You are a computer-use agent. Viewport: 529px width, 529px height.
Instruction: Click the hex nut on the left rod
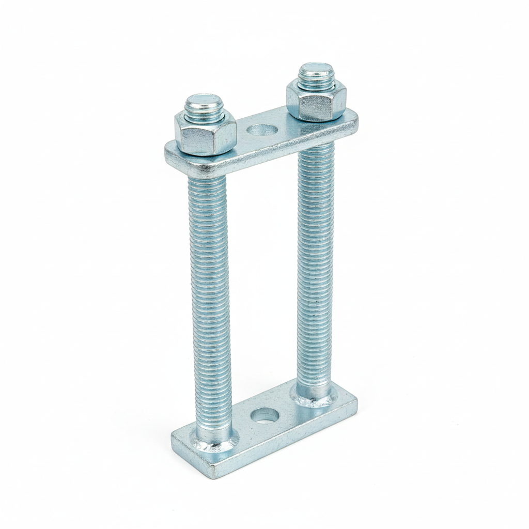pos(205,134)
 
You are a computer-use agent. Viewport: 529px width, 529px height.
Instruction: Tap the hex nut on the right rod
pos(316,101)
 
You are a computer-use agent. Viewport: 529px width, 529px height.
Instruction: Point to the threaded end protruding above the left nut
pos(204,105)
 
